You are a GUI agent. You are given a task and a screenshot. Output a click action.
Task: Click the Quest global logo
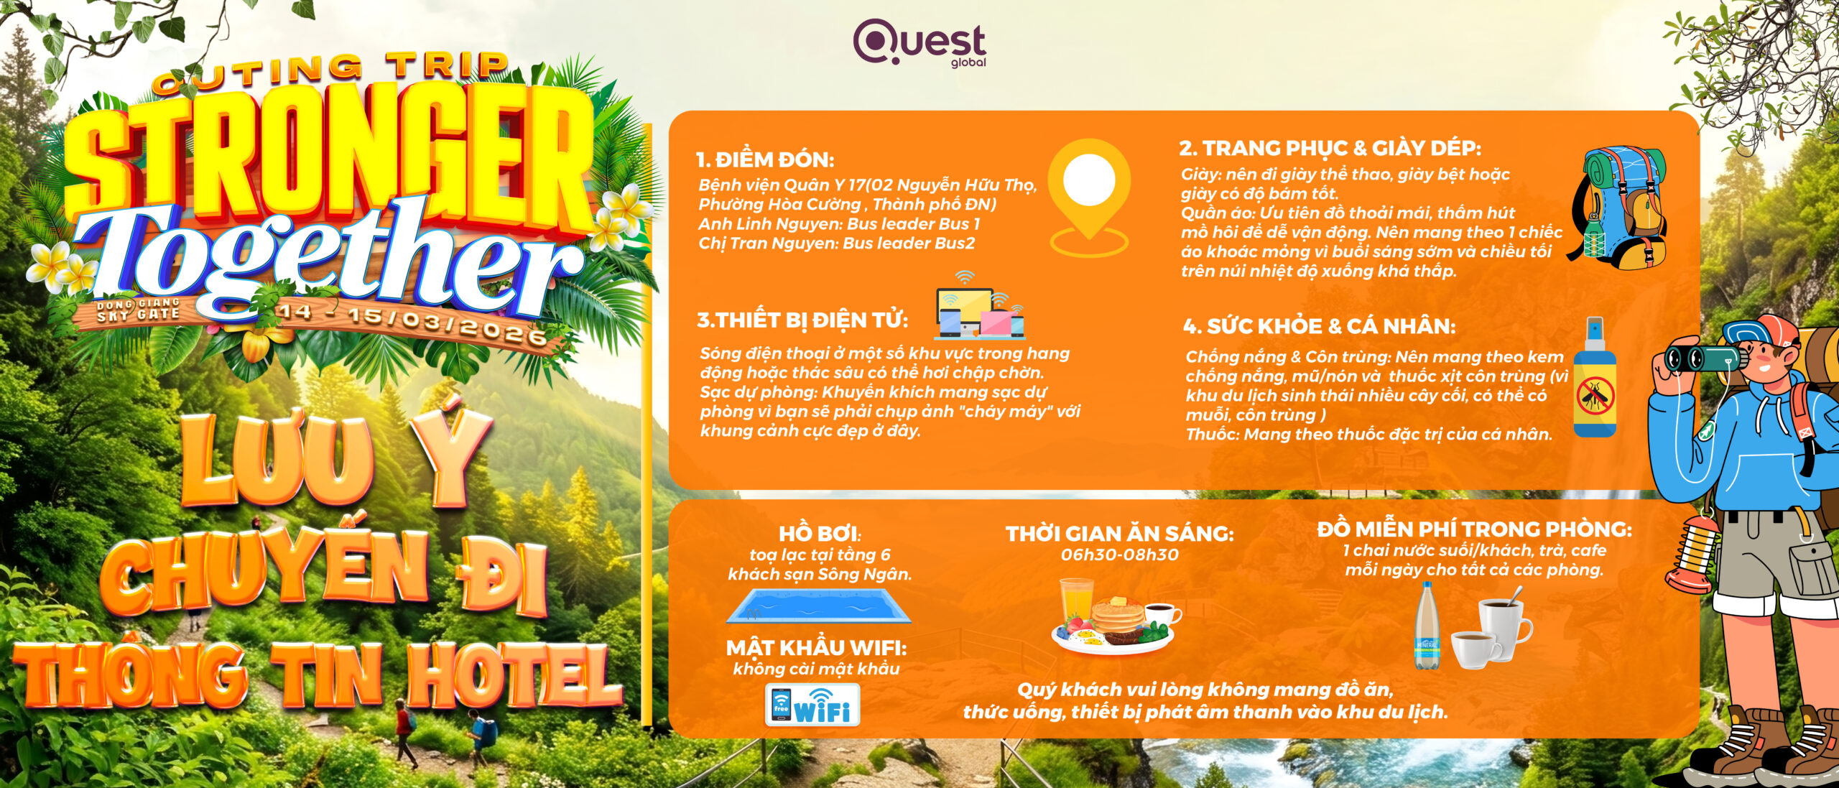click(919, 42)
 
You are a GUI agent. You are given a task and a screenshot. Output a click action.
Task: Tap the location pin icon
click(1089, 198)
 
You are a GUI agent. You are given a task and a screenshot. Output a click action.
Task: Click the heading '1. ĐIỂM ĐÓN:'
click(765, 159)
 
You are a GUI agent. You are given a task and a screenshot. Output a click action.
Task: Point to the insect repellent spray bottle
click(1595, 377)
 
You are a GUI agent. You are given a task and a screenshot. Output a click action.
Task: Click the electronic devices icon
click(980, 305)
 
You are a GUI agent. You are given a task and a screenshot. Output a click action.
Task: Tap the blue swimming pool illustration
click(819, 606)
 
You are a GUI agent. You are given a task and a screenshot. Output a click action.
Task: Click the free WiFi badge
click(812, 705)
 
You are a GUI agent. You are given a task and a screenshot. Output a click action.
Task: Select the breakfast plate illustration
click(1116, 616)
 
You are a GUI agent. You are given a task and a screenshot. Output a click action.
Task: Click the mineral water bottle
click(1427, 626)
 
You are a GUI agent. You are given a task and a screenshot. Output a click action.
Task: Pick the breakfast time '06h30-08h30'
click(1119, 555)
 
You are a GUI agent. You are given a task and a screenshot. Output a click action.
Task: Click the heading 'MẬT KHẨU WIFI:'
click(816, 648)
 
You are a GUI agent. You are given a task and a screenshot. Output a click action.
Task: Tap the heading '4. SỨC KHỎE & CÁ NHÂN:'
click(1319, 326)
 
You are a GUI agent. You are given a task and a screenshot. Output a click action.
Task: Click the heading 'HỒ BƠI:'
click(820, 534)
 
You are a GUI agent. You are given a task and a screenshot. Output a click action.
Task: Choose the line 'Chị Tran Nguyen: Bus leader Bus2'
click(837, 244)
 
